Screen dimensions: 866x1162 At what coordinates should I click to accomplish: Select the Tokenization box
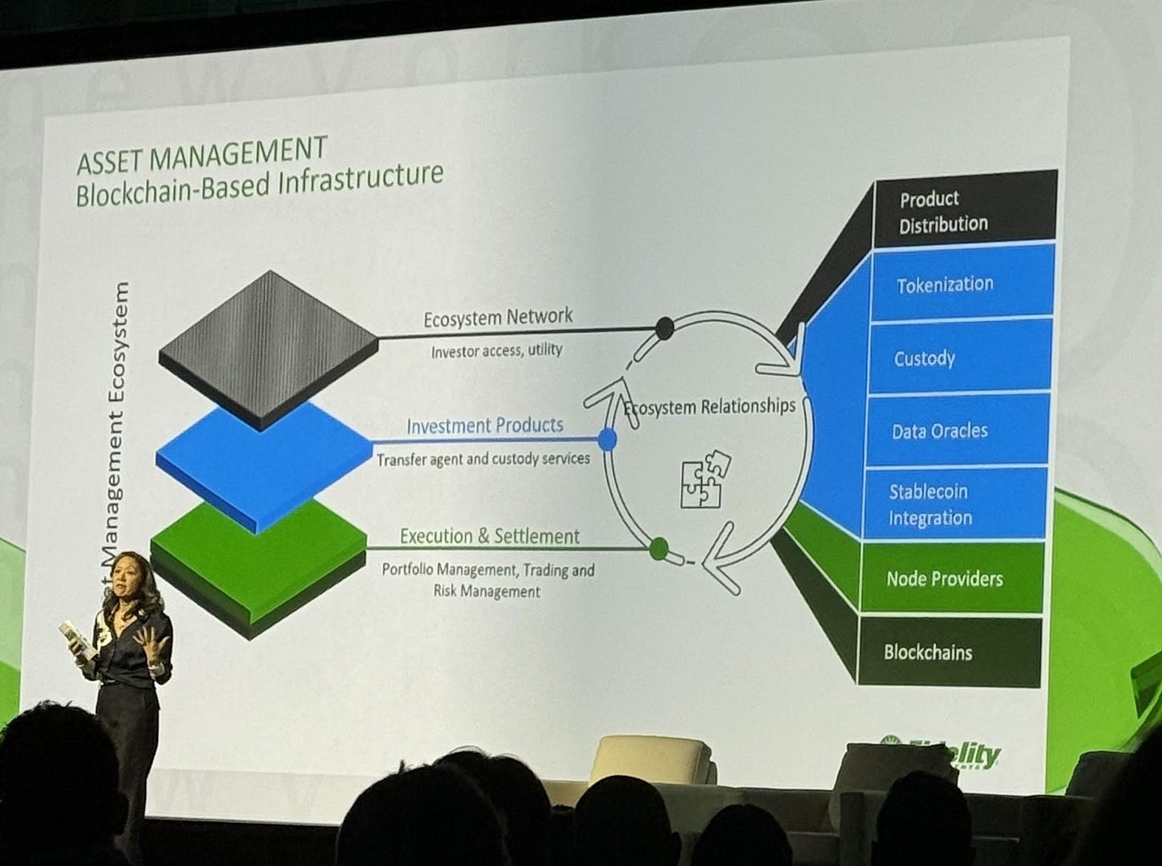[x=962, y=284]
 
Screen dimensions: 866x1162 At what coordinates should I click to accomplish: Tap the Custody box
[x=958, y=358]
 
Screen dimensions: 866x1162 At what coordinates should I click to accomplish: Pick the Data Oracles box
[x=955, y=431]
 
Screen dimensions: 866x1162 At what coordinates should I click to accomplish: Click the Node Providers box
[x=950, y=579]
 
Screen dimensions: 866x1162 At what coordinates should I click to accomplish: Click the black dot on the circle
[x=664, y=327]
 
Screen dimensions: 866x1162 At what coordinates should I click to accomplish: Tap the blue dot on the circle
[x=607, y=439]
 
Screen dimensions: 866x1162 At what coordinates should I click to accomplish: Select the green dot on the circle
[x=658, y=548]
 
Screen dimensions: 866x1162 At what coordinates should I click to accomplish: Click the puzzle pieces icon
[x=705, y=480]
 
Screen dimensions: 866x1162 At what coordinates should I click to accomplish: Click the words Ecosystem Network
[x=498, y=318]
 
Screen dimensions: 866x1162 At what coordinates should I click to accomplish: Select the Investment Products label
[x=484, y=425]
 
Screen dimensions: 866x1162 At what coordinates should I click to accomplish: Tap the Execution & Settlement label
[x=489, y=536]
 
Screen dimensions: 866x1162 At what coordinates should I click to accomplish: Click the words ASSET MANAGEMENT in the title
[x=202, y=154]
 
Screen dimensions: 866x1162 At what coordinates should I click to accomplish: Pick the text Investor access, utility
[x=496, y=350]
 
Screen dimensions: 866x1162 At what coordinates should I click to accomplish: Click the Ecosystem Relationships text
[x=709, y=407]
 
